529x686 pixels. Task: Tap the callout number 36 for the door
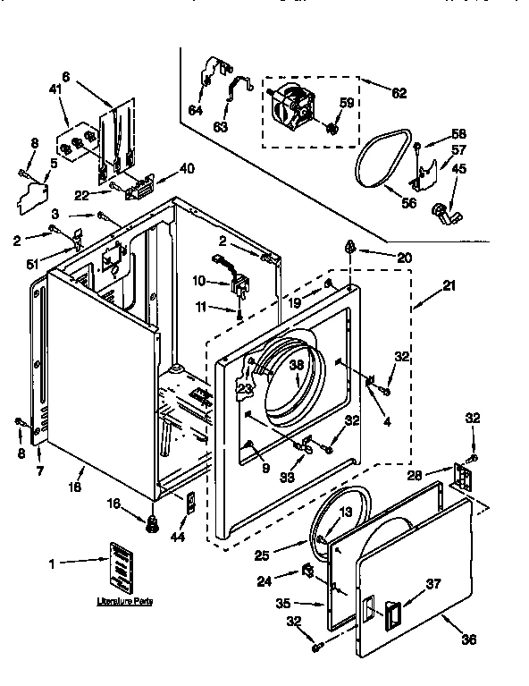[469, 639]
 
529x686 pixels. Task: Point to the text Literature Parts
[124, 601]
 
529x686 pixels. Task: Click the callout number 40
[187, 168]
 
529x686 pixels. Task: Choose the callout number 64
[195, 111]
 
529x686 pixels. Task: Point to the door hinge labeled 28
[462, 477]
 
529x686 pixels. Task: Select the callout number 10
[199, 281]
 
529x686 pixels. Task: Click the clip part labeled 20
[352, 249]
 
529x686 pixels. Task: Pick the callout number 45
[458, 170]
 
